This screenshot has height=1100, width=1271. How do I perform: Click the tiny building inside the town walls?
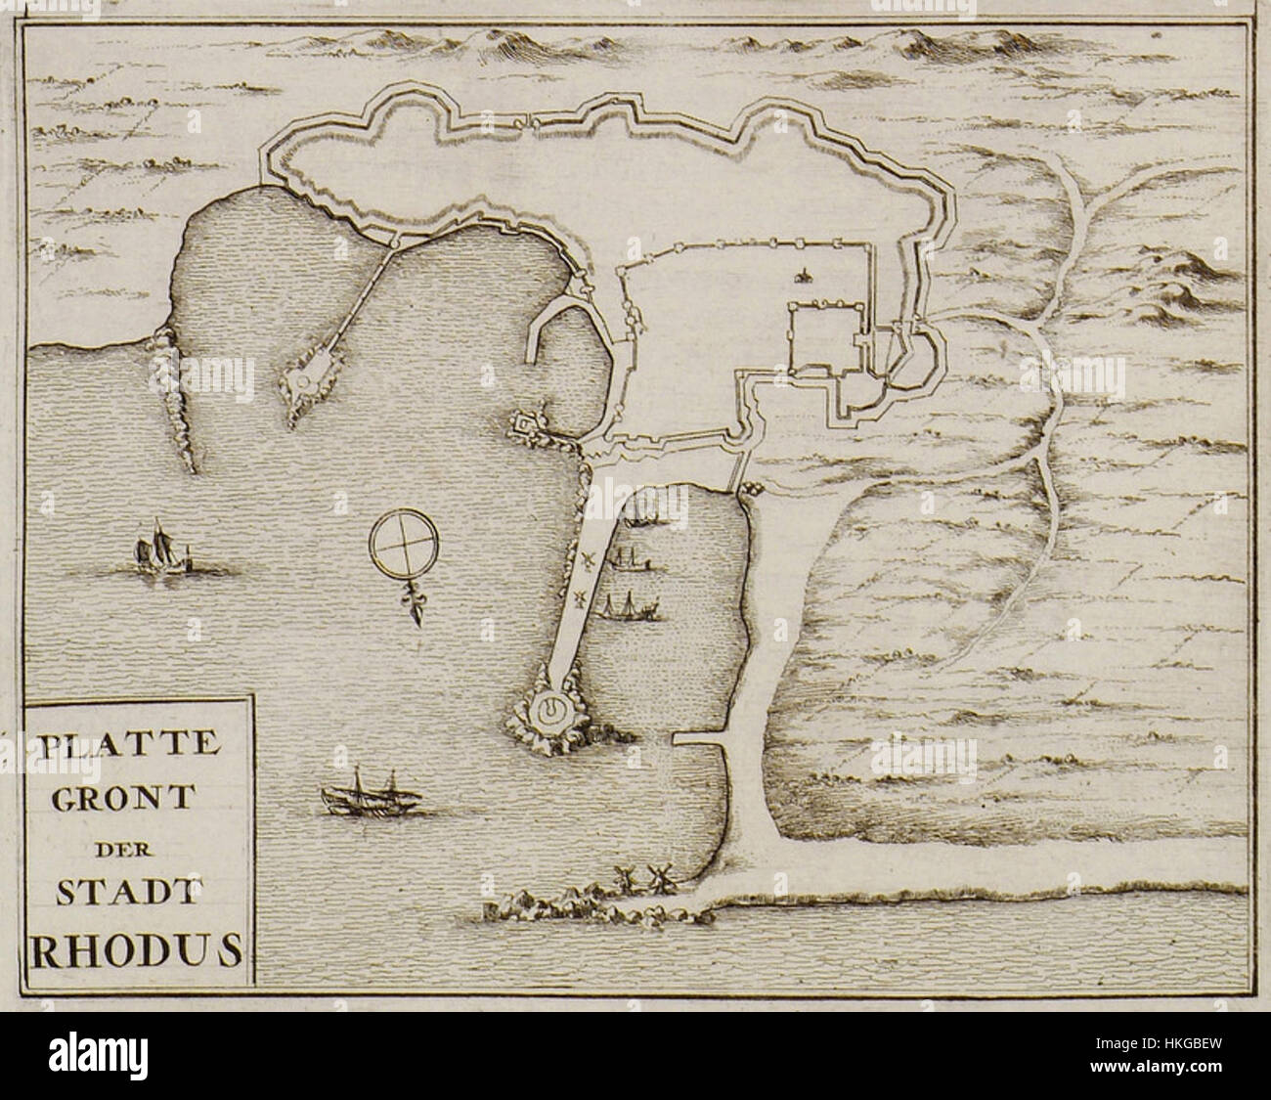point(804,276)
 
